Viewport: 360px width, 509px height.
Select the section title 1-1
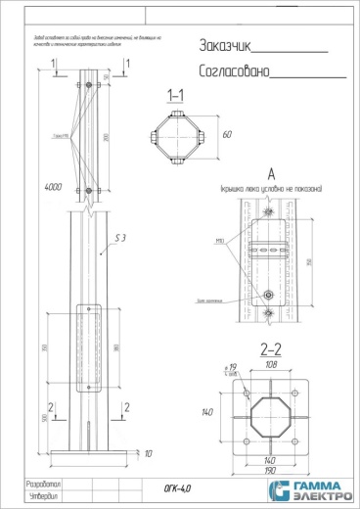pyautogui.click(x=177, y=96)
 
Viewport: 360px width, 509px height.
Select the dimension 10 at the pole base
pyautogui.click(x=147, y=455)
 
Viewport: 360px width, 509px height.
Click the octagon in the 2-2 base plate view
pyautogui.click(x=272, y=413)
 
